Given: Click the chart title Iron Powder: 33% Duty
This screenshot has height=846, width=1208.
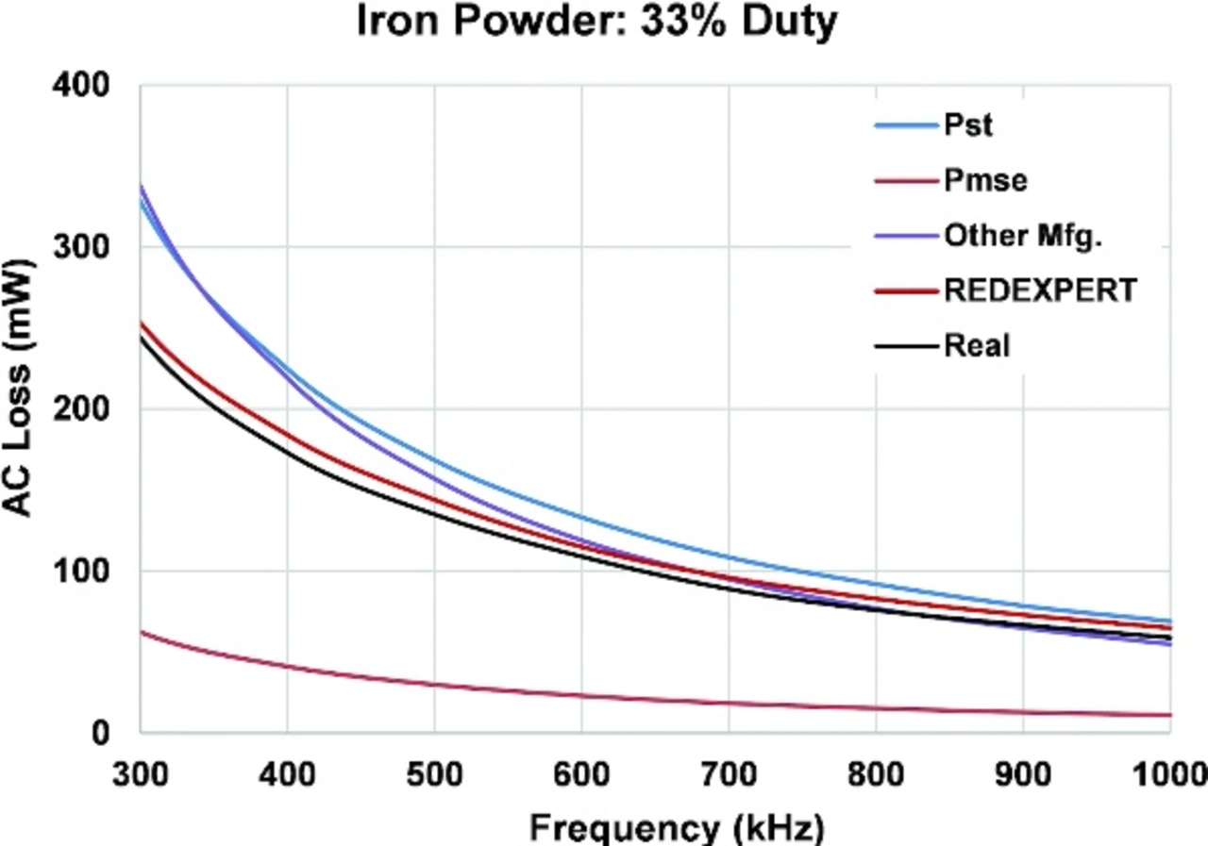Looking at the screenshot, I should pyautogui.click(x=596, y=23).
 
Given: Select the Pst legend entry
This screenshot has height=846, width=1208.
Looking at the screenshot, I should pyautogui.click(x=968, y=125).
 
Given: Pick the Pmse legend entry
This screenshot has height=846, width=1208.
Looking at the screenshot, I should pyautogui.click(x=985, y=180).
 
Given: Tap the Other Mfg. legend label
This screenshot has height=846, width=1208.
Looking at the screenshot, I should pyautogui.click(x=1024, y=236).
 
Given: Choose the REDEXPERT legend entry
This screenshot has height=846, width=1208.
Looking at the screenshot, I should pyautogui.click(x=1040, y=290).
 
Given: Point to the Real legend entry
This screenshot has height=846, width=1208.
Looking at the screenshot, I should pyautogui.click(x=977, y=345).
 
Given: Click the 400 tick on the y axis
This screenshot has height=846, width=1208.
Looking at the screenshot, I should pyautogui.click(x=93, y=85).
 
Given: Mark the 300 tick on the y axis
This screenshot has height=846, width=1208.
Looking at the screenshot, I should pyautogui.click(x=93, y=247).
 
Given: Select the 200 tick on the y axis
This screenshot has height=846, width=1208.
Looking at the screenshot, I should pyautogui.click(x=93, y=408).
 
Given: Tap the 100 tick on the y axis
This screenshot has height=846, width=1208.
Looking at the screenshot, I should pyautogui.click(x=93, y=571).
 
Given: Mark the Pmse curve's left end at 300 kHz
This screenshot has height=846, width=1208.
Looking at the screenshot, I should pyautogui.click(x=142, y=632).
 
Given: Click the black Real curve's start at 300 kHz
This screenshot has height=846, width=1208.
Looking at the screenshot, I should pyautogui.click(x=142, y=338).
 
